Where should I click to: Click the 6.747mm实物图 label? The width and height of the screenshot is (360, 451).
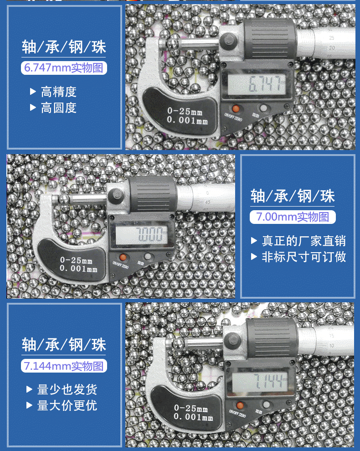tap(64, 68)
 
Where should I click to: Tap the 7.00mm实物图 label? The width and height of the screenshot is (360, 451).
tap(293, 217)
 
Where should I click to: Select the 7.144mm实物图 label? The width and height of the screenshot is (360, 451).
tap(64, 366)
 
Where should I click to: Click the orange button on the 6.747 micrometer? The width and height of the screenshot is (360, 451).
tap(236, 109)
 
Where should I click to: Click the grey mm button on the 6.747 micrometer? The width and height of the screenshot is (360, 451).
tap(263, 109)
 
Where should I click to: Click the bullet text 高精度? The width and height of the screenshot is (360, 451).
tap(59, 92)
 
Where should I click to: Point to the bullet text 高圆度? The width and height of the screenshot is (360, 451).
tap(59, 108)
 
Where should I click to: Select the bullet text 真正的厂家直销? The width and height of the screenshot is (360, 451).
tap(303, 241)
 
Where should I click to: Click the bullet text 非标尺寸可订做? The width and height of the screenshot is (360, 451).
tap(303, 257)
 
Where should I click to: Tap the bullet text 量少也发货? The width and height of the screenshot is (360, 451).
tap(67, 389)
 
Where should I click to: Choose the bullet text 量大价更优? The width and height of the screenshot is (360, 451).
tap(67, 405)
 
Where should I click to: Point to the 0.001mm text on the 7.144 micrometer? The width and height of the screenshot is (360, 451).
tap(193, 417)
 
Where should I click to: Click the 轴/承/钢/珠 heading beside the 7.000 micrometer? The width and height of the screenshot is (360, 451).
tap(293, 196)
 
